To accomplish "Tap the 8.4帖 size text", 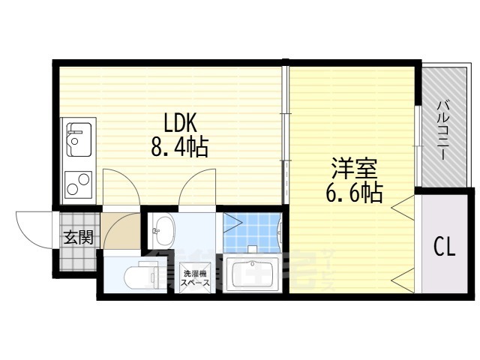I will [x=178, y=146].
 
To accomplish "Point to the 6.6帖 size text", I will [x=353, y=193].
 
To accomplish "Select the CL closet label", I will [x=444, y=247].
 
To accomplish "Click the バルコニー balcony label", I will [x=442, y=128].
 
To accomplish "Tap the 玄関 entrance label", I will [x=78, y=238].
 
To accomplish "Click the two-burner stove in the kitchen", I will [x=77, y=182].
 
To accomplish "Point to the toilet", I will [x=128, y=276].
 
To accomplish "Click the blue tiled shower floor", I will [x=251, y=232].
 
